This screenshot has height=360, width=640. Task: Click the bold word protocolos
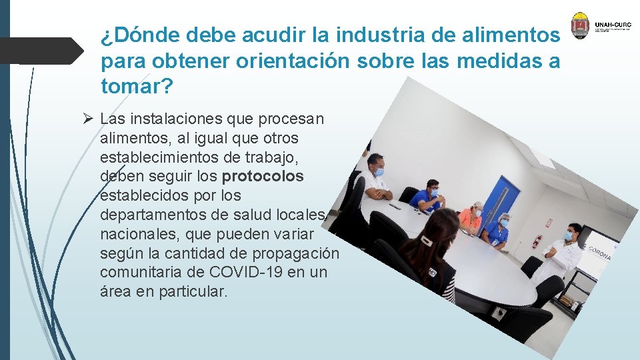[x=263, y=177]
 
